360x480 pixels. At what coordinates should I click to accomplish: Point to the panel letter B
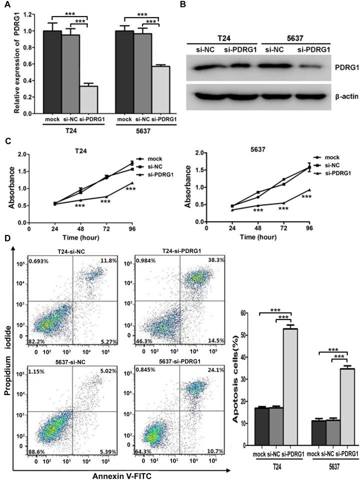(183, 5)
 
